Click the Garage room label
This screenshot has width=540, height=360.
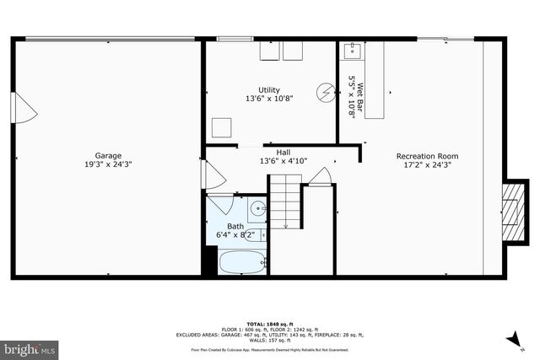click(108, 155)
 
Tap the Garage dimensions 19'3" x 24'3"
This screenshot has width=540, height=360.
click(108, 164)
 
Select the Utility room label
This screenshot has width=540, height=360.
click(269, 89)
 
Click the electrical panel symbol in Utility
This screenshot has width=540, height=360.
click(324, 92)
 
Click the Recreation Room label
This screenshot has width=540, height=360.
click(427, 156)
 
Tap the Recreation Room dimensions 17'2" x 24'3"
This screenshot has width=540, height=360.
click(427, 165)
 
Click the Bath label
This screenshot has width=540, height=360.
click(235, 226)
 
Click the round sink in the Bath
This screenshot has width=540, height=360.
click(258, 208)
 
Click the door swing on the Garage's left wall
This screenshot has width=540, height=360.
click(23, 107)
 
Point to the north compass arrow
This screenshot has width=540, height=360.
click(512, 339)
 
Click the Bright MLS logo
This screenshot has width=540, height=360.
click(30, 347)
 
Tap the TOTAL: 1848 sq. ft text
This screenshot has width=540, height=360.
click(269, 324)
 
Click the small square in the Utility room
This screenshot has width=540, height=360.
click(221, 128)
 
